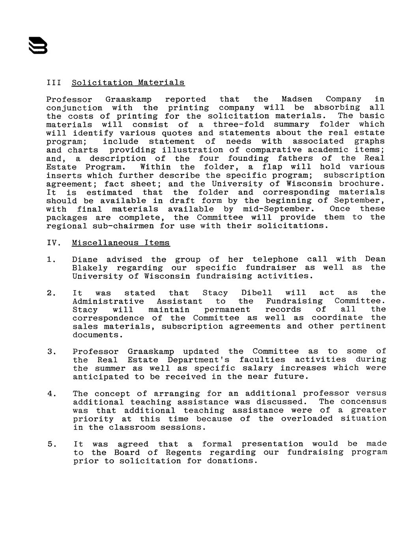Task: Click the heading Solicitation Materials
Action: [128, 83]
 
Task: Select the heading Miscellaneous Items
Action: [121, 243]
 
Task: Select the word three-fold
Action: [239, 125]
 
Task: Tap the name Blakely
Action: [90, 268]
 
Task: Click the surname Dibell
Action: [256, 293]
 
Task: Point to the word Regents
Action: [184, 453]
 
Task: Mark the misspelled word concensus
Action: [363, 402]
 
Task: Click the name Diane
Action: [85, 259]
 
